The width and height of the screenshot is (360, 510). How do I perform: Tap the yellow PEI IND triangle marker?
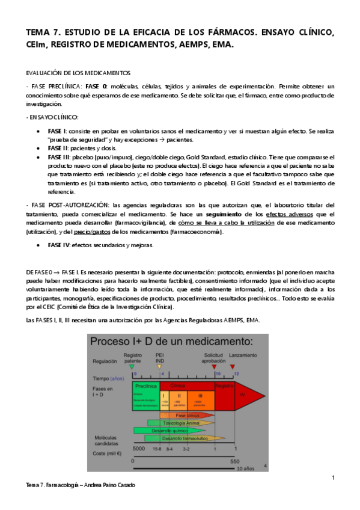pyautogui.click(x=159, y=366)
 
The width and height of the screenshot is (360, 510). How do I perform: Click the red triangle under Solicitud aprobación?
pyautogui.click(x=214, y=366)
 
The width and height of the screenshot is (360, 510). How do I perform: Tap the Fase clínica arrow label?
pyautogui.click(x=188, y=415)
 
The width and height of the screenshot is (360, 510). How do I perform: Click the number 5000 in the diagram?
pyautogui.click(x=139, y=448)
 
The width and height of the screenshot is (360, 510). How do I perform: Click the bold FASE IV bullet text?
pyautogui.click(x=59, y=245)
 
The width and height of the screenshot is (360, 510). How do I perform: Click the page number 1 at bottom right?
pyautogui.click(x=333, y=478)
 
